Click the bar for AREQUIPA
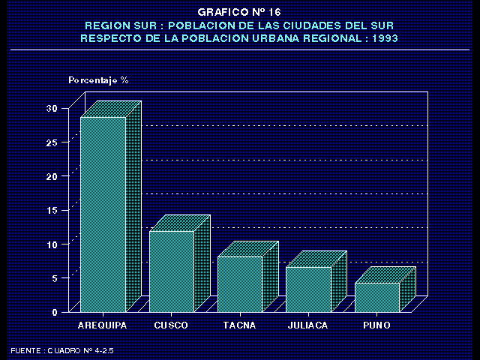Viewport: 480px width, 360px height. coord(103,214)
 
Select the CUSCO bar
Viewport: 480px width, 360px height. coord(171,271)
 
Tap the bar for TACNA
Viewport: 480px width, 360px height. coord(240,283)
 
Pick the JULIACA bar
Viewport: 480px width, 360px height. coord(308,289)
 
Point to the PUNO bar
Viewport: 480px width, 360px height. coord(376,296)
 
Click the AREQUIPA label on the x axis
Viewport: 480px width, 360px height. coord(103,325)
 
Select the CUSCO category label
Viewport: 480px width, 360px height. coord(171,325)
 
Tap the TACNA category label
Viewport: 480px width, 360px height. coord(240,325)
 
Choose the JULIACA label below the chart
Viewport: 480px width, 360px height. coord(308,325)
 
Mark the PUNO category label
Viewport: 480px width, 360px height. coord(376,325)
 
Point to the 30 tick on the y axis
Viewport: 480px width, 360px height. coord(51,108)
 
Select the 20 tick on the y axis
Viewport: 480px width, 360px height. coord(51,176)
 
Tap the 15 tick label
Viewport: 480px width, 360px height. coord(51,210)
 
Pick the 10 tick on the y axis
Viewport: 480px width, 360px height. coord(51,244)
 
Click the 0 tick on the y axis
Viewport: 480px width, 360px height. coord(54,312)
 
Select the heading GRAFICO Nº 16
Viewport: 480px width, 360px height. coord(239,12)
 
